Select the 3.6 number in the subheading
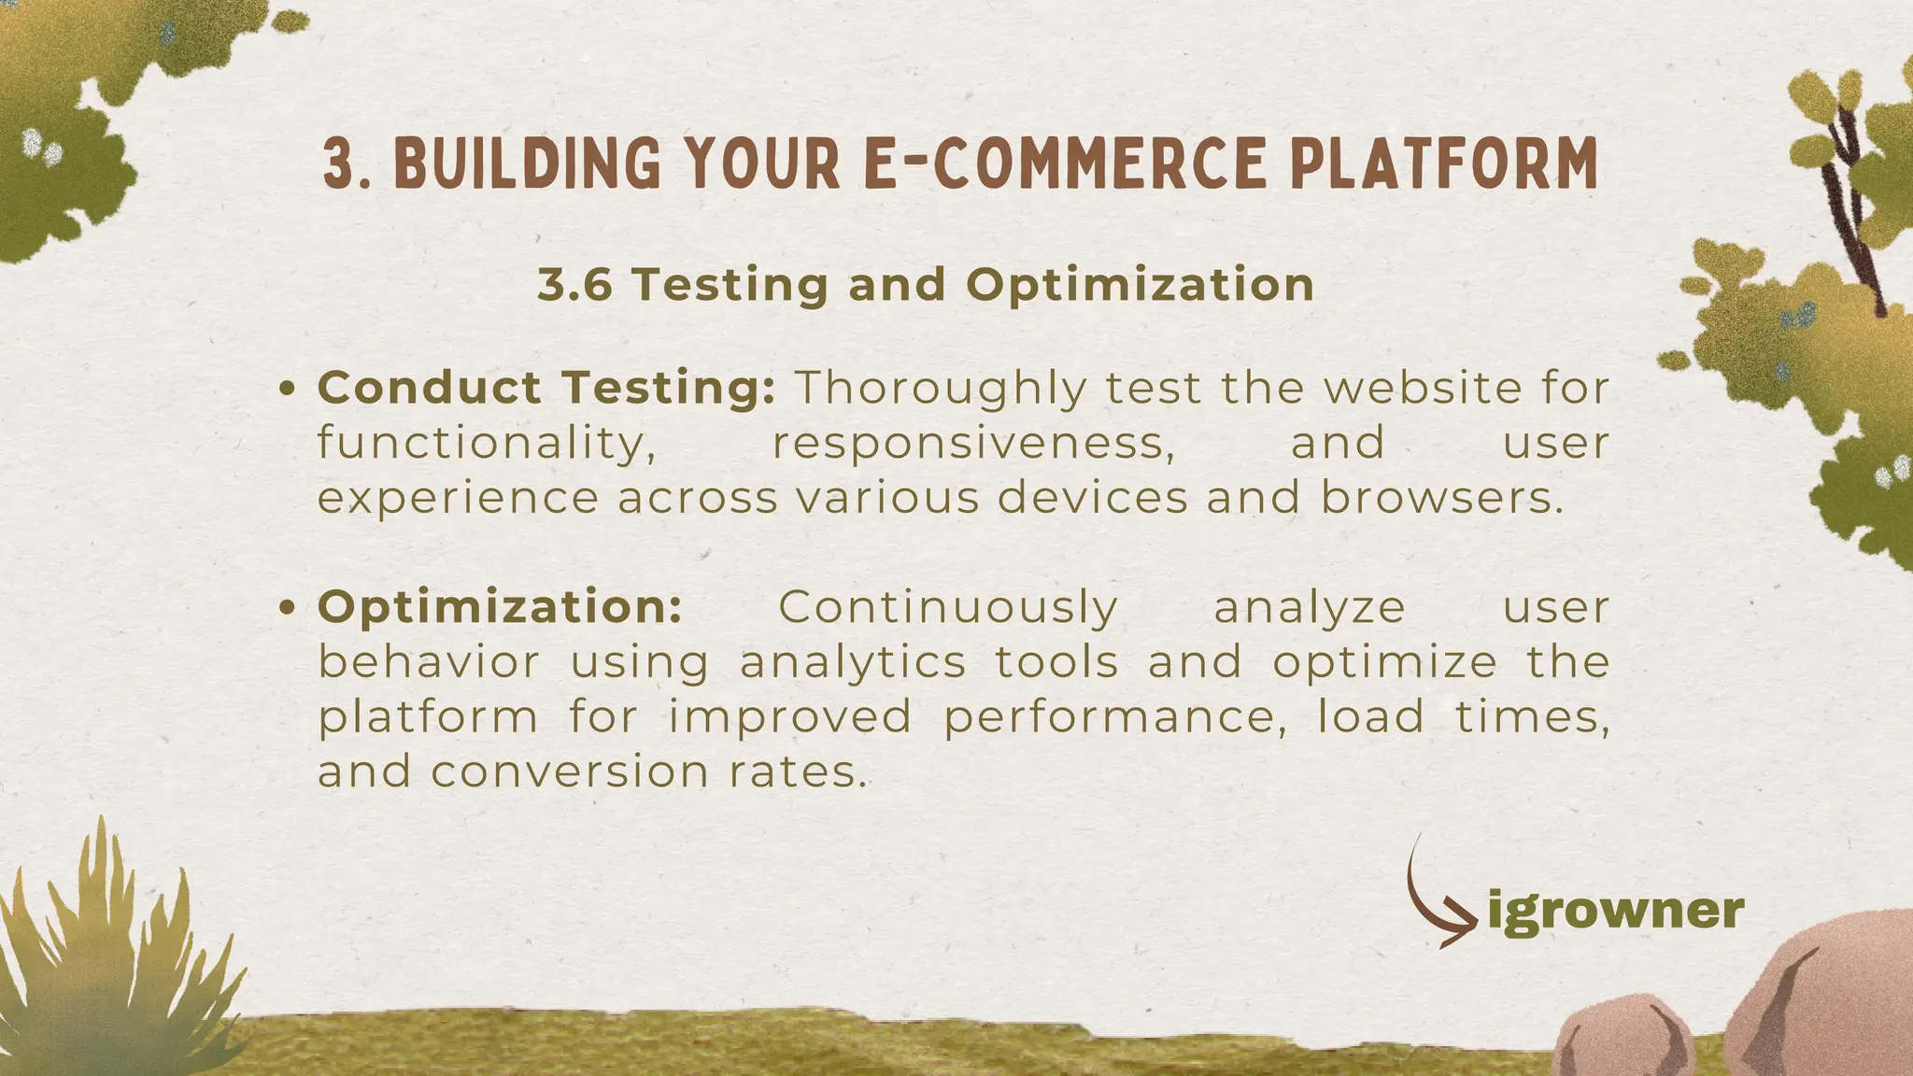[574, 284]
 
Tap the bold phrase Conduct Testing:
[546, 388]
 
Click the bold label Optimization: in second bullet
[500, 607]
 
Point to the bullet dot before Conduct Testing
[289, 389]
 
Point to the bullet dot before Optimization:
[289, 608]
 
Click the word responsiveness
[973, 443]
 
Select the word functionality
[487, 443]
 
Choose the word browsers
[1441, 497]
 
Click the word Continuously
[948, 607]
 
